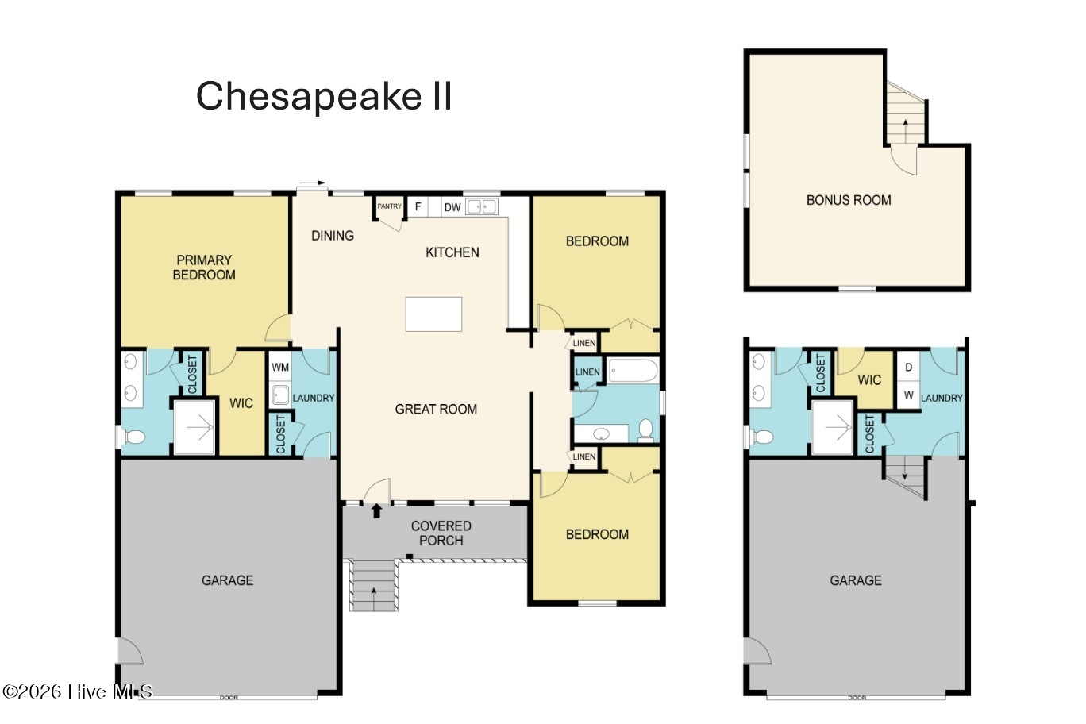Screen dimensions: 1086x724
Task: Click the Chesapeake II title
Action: point(324,96)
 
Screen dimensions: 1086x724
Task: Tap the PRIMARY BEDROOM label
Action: point(204,268)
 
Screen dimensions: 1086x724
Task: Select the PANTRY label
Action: point(389,206)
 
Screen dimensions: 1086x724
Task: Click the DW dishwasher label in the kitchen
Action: point(452,207)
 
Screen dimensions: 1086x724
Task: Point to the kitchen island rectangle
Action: point(433,314)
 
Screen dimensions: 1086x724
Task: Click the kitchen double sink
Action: point(481,206)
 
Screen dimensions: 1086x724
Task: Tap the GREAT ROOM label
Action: point(436,410)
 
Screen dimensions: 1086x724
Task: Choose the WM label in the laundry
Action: point(280,367)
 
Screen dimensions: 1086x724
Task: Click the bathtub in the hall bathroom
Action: point(633,371)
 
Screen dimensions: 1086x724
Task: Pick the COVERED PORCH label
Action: point(441,533)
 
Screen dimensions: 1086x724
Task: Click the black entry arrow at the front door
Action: point(377,511)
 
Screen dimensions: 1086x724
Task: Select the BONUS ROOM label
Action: point(849,200)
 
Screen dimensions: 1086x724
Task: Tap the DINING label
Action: point(333,236)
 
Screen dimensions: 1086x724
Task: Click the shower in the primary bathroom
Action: point(194,427)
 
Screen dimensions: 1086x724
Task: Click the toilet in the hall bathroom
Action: point(645,430)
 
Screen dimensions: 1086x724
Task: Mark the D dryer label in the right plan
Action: point(908,367)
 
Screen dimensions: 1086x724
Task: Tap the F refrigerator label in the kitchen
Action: point(418,207)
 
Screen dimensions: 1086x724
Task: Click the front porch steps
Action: point(374,586)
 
